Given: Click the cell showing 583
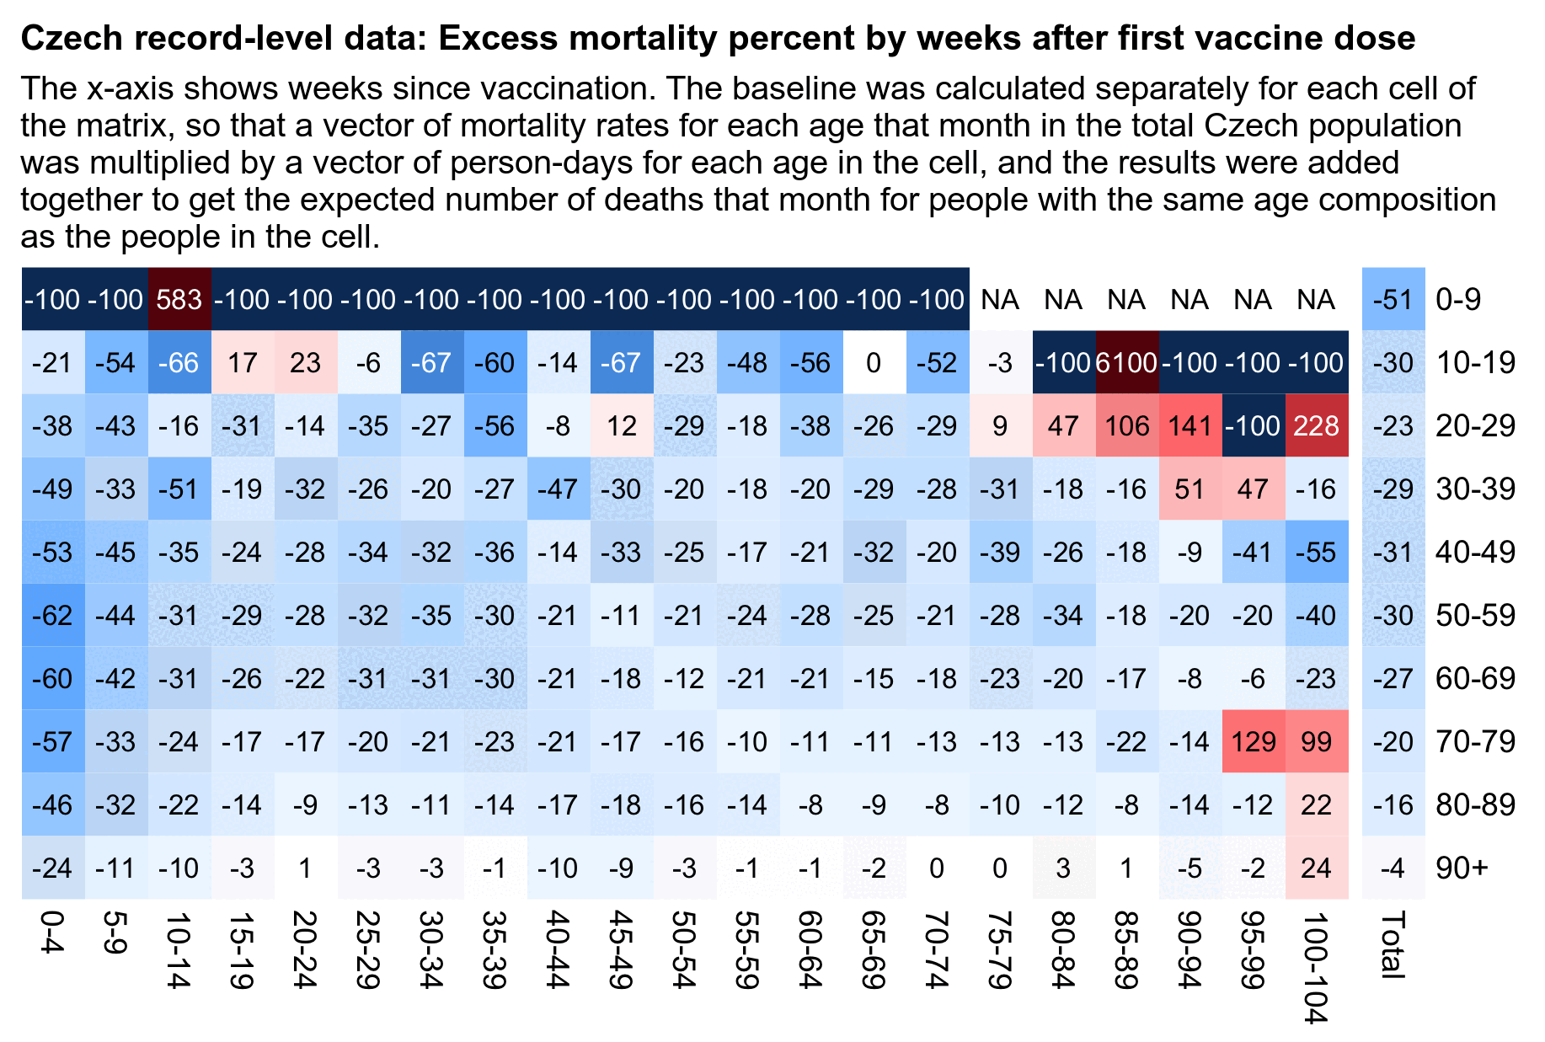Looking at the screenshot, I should (x=179, y=300).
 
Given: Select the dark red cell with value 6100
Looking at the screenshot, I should (x=1127, y=363).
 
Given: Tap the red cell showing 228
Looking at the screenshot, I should (x=1317, y=426).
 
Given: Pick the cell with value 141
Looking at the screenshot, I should (x=1190, y=426).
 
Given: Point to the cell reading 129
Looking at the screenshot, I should (x=1254, y=742).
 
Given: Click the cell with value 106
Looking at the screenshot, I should (x=1127, y=426).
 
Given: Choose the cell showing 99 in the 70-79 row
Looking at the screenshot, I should (x=1317, y=742).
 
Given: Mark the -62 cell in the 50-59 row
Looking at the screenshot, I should (x=52, y=616).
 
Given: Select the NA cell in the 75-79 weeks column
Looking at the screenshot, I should (x=1001, y=300).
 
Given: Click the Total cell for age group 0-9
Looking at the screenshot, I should (x=1393, y=300).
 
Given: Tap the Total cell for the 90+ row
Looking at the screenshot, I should (x=1393, y=868).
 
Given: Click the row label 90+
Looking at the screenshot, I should (x=1462, y=868).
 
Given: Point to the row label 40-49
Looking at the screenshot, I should (x=1475, y=553).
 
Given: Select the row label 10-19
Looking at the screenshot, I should (x=1475, y=363).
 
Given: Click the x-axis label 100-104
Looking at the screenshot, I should (x=1317, y=967).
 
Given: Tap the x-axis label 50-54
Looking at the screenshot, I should (x=684, y=949).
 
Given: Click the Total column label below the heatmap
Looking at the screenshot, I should (x=1393, y=944).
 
